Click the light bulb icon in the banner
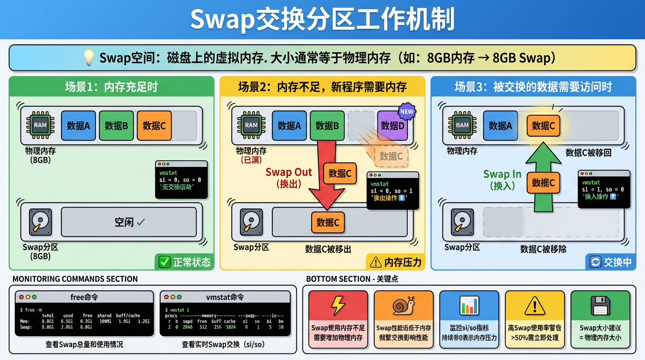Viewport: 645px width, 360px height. (89, 58)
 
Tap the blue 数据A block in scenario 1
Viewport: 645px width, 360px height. (78, 125)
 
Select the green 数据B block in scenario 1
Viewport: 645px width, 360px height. (116, 125)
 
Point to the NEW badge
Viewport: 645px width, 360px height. (406, 112)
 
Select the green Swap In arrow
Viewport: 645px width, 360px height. (543, 178)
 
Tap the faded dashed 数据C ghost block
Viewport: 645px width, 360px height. (391, 156)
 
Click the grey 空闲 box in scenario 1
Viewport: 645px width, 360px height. (129, 222)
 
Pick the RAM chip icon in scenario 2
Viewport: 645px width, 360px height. (251, 125)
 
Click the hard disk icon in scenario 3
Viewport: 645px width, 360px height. (462, 222)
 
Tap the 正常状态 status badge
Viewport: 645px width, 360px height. (185, 262)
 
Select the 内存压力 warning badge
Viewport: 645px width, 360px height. (396, 262)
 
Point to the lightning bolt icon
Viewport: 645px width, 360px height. (338, 306)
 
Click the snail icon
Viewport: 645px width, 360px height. (404, 306)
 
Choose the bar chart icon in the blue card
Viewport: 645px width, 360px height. (469, 306)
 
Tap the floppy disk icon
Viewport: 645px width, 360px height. (600, 306)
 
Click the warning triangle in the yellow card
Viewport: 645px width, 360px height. (534, 306)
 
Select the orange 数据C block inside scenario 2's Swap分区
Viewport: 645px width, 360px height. (328, 222)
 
